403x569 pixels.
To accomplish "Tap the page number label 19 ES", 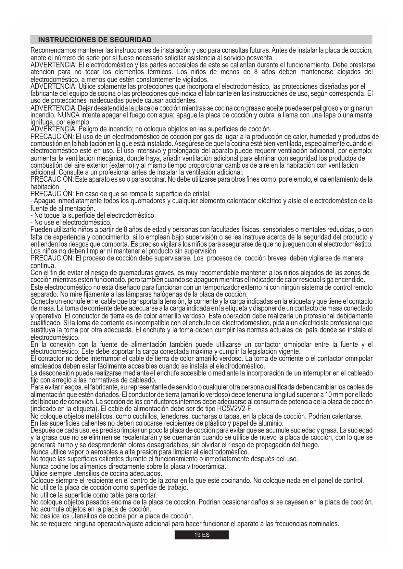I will pyautogui.click(x=202, y=535).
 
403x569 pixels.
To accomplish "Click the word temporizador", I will pyautogui.click(x=223, y=287).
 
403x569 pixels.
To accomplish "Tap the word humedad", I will pyautogui.click(x=314, y=136).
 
